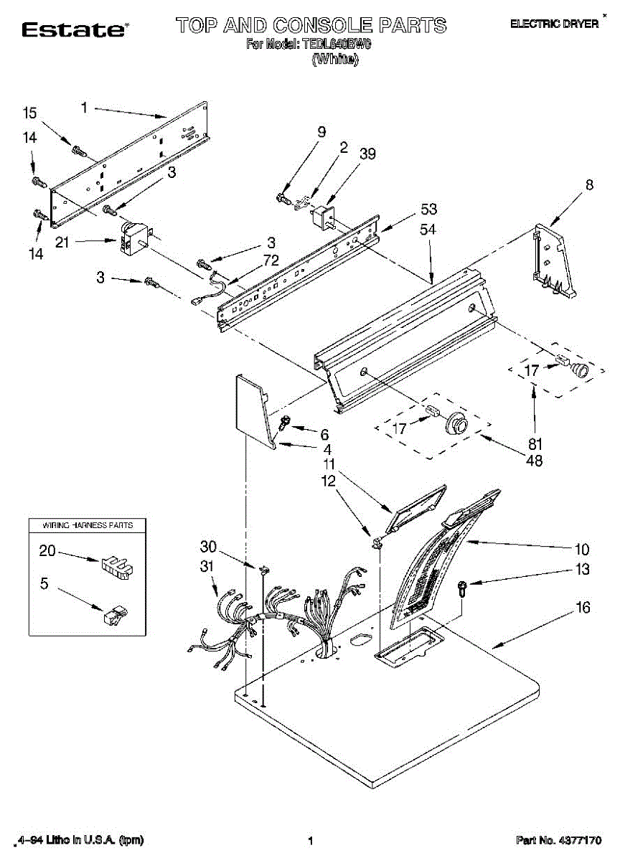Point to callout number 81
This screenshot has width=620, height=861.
tap(535, 443)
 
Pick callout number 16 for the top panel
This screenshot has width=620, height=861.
tap(583, 608)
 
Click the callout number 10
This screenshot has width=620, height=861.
tap(581, 550)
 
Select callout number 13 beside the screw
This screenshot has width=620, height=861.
tap(583, 570)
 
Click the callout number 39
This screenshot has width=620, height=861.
tap(368, 154)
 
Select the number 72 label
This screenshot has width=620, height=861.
tap(271, 260)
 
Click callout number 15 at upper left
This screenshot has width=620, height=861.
tap(29, 113)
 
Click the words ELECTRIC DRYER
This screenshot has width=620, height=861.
tap(554, 24)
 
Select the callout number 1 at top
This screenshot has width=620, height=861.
tap(84, 108)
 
